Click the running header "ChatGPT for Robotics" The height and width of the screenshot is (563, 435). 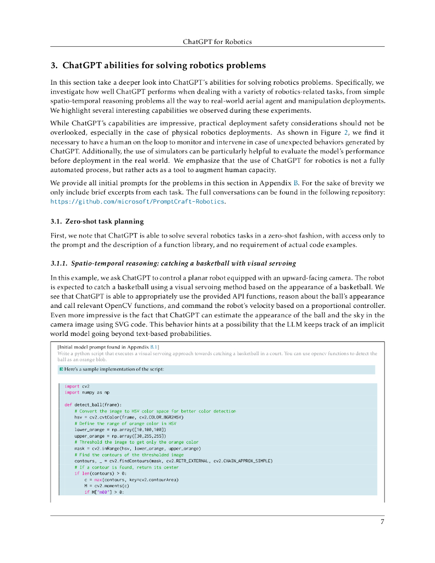[217, 41]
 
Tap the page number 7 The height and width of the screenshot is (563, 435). [382, 522]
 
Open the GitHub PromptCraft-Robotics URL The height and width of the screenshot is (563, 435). [137, 202]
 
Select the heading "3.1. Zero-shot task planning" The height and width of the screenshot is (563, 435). [97, 222]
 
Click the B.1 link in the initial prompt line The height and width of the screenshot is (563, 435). [154, 347]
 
